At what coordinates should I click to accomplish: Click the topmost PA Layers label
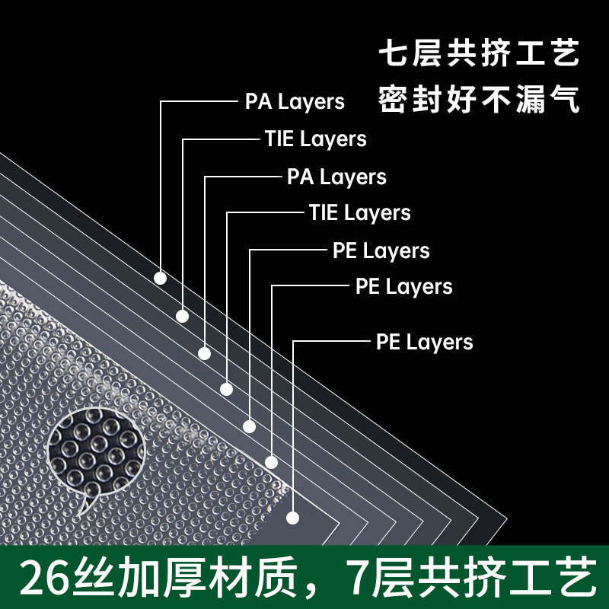(x=295, y=101)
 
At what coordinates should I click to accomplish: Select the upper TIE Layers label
(x=315, y=139)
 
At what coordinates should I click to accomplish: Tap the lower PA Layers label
(x=336, y=177)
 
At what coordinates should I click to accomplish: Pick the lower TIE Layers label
(x=359, y=212)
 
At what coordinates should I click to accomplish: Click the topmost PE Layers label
(x=381, y=250)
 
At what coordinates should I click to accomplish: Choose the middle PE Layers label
(x=403, y=287)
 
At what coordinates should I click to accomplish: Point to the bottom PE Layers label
(x=424, y=343)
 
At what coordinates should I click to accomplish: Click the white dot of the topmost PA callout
(x=160, y=278)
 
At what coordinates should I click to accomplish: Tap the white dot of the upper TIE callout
(x=182, y=316)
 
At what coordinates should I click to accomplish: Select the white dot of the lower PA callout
(x=204, y=353)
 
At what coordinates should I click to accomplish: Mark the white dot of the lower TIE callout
(x=226, y=390)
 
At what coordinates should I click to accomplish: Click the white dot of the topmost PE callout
(x=249, y=425)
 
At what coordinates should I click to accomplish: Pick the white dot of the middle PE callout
(x=271, y=462)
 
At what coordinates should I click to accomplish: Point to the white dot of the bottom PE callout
(x=293, y=518)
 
